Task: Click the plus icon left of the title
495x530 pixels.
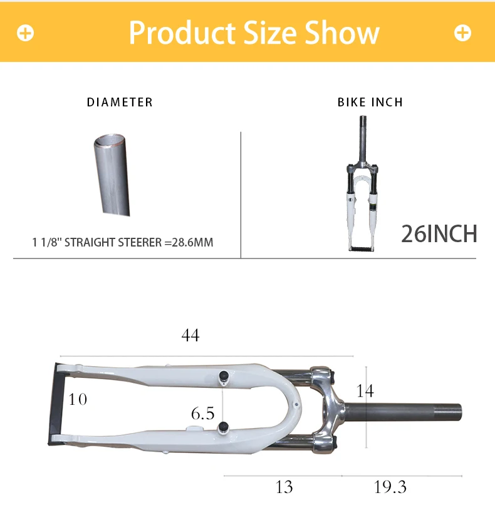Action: click(26, 33)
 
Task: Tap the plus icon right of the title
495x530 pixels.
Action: click(462, 33)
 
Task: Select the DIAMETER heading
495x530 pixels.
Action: click(120, 102)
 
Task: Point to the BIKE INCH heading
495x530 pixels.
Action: click(370, 102)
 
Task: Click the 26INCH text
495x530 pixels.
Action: click(439, 233)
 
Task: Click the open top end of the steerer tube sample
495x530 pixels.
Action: click(110, 140)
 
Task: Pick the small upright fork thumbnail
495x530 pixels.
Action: click(362, 183)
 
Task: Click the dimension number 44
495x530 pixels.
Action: click(190, 335)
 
